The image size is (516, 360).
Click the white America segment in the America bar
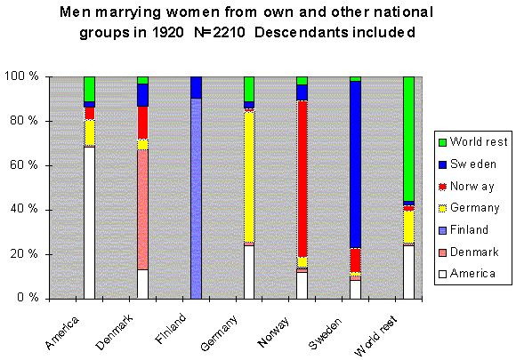pyautogui.click(x=89, y=222)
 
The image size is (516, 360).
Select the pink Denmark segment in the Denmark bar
pyautogui.click(x=142, y=210)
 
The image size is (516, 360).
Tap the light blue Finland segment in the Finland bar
pyautogui.click(x=196, y=198)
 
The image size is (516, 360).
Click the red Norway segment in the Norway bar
pyautogui.click(x=302, y=179)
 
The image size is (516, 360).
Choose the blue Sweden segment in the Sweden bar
pyautogui.click(x=355, y=164)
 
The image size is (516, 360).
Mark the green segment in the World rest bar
pyautogui.click(x=408, y=139)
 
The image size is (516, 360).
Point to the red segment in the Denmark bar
pyautogui.click(x=142, y=123)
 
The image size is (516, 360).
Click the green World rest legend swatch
pyautogui.click(x=443, y=142)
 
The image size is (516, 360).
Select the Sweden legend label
pyautogui.click(x=473, y=164)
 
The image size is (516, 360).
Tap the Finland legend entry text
pyautogui.click(x=469, y=229)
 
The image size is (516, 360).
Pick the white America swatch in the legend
pyautogui.click(x=443, y=274)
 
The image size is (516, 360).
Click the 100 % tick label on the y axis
pyautogui.click(x=21, y=76)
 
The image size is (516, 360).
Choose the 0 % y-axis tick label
pyautogui.click(x=28, y=298)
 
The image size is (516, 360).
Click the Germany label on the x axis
pyautogui.click(x=219, y=333)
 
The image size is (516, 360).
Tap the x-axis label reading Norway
pyautogui.click(x=273, y=332)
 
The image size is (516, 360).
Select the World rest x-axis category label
pyautogui.click(x=375, y=336)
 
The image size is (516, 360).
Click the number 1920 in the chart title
pyautogui.click(x=167, y=33)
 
